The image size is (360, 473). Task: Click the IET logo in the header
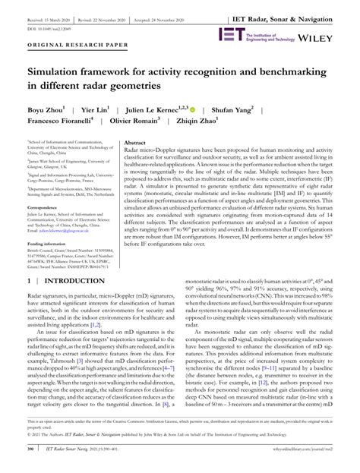(231, 33)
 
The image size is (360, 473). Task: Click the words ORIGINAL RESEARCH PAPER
(67, 46)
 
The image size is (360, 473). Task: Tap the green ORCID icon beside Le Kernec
(193, 110)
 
